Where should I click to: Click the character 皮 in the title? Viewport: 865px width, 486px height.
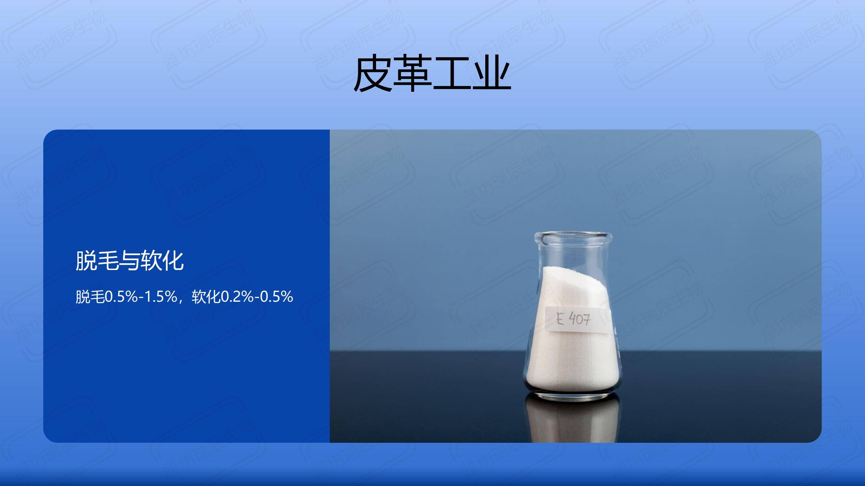point(373,73)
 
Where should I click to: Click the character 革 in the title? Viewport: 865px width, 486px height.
point(413,73)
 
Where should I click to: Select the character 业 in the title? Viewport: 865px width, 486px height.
point(492,73)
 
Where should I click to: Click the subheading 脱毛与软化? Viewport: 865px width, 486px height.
point(129,261)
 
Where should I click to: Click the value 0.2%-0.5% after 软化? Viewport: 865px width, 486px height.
point(257,297)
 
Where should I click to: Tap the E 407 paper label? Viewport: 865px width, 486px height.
point(578,319)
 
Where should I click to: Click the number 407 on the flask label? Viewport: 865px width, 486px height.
point(580,319)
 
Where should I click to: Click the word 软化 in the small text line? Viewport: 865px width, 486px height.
point(206,297)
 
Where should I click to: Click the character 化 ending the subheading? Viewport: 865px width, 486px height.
point(173,261)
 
